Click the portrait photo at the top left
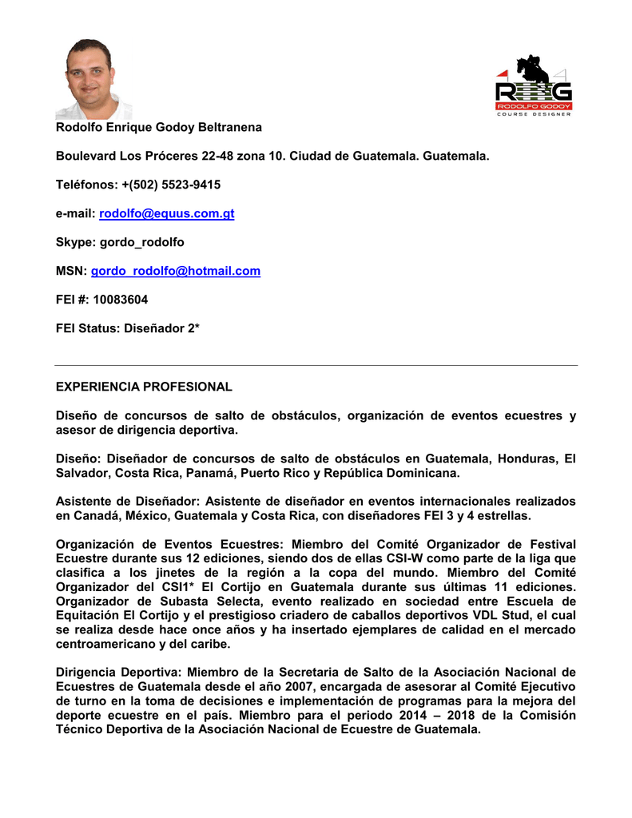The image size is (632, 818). point(89,79)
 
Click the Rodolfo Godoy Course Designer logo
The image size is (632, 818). point(533,86)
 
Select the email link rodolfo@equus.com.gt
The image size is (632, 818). point(166,214)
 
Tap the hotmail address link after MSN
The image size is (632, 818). point(176,272)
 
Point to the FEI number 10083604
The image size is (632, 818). point(121,300)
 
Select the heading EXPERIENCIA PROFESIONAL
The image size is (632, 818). point(144,387)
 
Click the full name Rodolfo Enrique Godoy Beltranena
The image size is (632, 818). point(158,128)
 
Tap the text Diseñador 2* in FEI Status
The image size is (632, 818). point(161,329)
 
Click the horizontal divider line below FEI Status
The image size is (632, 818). point(316,365)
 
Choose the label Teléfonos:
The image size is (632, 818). point(84,185)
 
